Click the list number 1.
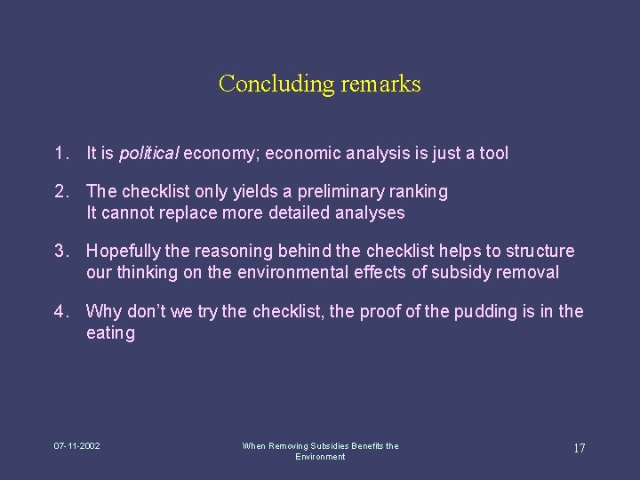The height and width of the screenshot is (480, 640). point(59,154)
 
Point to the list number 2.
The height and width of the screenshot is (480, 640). point(59,192)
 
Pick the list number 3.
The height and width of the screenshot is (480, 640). point(59,252)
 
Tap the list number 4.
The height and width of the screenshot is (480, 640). point(59,312)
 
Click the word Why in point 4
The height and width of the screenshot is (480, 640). point(103,312)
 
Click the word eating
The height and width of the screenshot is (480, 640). point(111,333)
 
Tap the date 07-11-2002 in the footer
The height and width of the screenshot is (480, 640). point(76,445)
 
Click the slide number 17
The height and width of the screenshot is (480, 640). point(579,447)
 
